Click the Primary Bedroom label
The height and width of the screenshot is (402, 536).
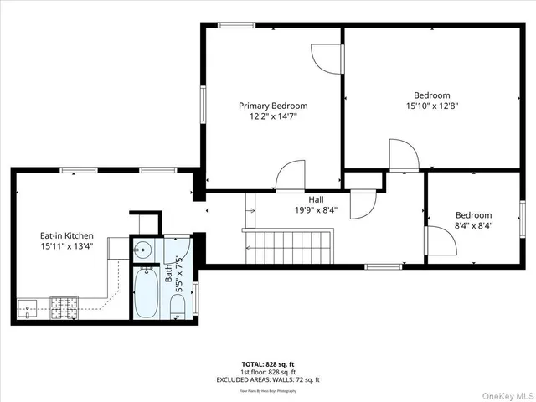coord(273,106)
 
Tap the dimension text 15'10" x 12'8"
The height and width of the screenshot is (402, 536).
coord(431,106)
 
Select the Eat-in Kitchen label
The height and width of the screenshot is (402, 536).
coord(67,236)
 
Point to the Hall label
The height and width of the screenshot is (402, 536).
coord(316,200)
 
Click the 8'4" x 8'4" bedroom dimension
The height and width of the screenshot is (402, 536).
coord(473,225)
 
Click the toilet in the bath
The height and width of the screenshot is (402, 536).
coord(177,311)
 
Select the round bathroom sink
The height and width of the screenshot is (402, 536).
coord(142,249)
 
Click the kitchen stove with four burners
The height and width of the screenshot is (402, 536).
coord(64,308)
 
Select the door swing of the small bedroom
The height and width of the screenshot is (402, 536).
coord(441,242)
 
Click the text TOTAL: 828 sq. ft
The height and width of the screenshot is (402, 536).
coord(267,364)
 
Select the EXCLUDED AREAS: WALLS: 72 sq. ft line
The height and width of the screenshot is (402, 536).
coord(267,379)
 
